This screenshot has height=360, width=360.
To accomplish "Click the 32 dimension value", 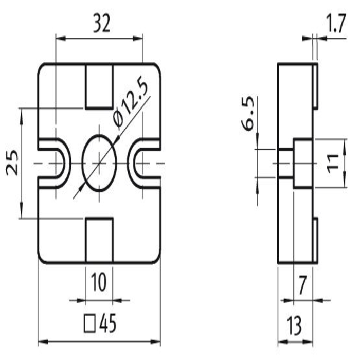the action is pos(102,24).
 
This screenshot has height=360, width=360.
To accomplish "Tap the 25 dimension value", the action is pos(12,163).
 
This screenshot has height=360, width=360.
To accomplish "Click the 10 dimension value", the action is pos(99,282).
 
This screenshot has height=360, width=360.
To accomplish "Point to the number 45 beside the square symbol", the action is pos(108,323).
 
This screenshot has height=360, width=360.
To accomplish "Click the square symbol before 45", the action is pos(89,323).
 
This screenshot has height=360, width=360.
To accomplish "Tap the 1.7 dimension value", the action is pos(336,24).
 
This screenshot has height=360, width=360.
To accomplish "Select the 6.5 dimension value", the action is pos(248,113).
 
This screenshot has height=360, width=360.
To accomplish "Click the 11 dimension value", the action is pos(333,164).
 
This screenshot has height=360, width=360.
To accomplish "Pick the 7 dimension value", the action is pos(303,285).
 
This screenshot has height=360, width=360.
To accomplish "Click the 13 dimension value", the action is pos(295,326).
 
